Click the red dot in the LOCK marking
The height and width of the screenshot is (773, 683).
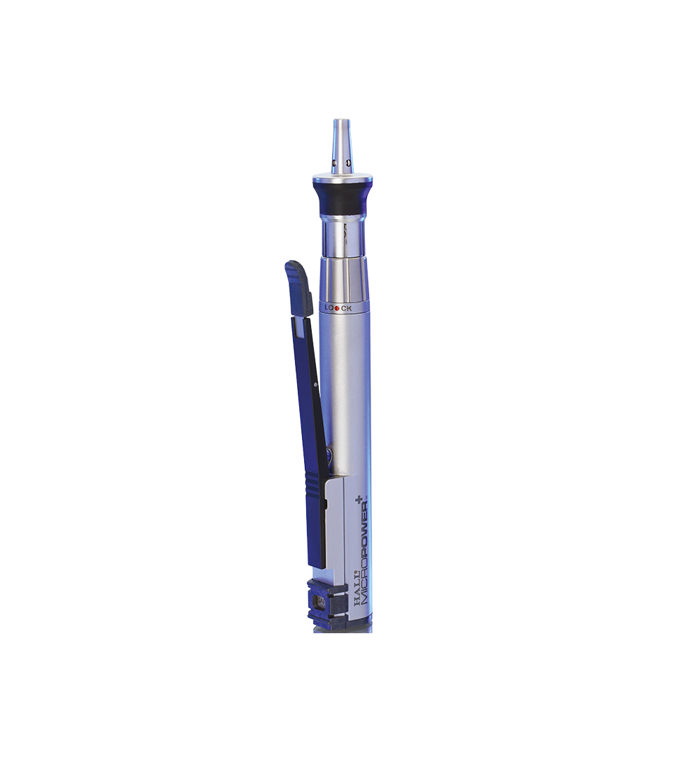click(337, 308)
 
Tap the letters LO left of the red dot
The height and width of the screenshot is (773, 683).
click(329, 308)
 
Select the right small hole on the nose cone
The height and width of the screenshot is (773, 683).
click(348, 161)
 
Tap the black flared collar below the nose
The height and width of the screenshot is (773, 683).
click(342, 198)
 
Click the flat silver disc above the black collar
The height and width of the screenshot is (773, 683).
click(342, 178)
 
